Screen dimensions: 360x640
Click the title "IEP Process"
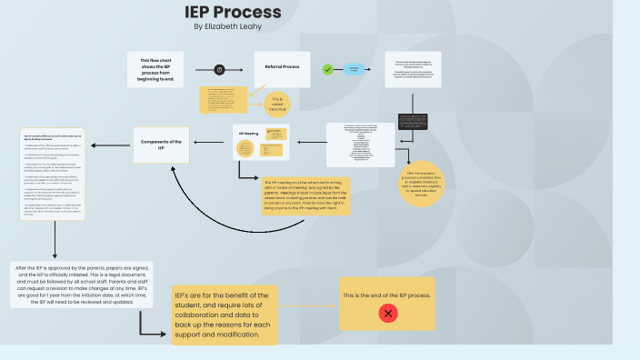233,12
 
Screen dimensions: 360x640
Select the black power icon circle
219,69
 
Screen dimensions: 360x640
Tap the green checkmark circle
327,69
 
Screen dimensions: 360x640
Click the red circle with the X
388,314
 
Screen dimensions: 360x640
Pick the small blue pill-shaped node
355,69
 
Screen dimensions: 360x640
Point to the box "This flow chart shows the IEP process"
157,69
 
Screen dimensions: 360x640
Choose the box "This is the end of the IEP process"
388,304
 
